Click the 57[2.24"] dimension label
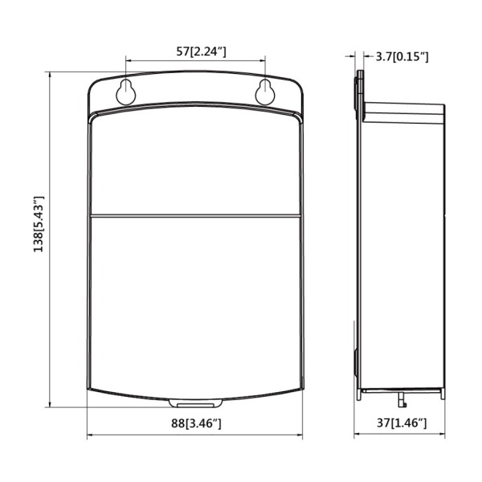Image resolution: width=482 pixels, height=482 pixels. click(x=195, y=51)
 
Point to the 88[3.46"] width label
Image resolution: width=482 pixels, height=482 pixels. click(x=194, y=423)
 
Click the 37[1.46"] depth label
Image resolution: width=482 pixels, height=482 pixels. click(x=400, y=423)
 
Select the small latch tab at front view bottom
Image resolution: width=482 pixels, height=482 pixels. click(x=195, y=400)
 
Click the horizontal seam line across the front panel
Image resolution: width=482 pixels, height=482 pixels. click(x=195, y=215)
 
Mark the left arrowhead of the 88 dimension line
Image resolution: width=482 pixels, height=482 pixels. click(x=89, y=436)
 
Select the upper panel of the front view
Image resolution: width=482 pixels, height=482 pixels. click(x=195, y=165)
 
